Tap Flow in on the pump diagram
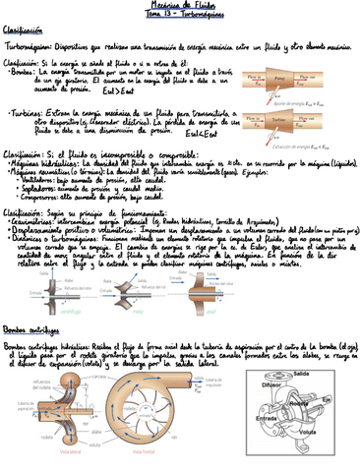tap(253, 76)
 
